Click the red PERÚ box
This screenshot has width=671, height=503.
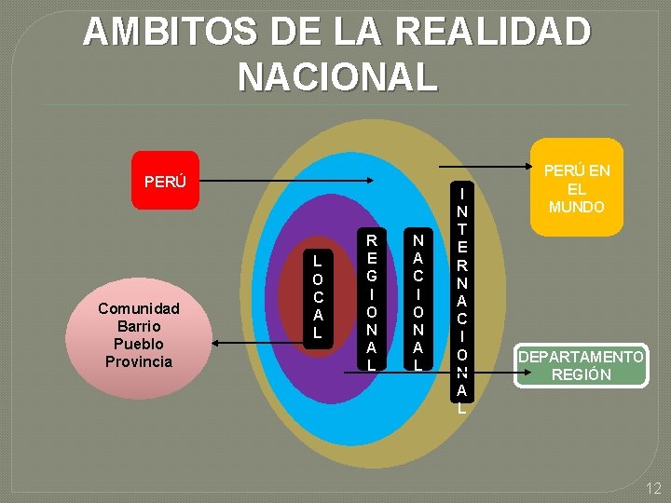click(x=165, y=181)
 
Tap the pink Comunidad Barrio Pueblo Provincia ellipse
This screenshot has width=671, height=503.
click(x=139, y=334)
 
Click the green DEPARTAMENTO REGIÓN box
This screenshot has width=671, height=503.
click(x=581, y=365)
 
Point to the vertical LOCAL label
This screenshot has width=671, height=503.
click(x=317, y=295)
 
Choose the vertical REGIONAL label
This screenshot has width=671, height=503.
click(x=371, y=297)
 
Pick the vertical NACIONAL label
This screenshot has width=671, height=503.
click(x=418, y=297)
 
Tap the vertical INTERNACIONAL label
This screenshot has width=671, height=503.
click(x=462, y=299)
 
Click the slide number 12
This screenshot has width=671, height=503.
click(x=653, y=488)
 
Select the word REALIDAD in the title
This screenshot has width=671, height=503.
click(x=493, y=33)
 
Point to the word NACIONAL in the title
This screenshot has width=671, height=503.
click(x=336, y=77)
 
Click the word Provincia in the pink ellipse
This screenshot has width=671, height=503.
click(x=139, y=361)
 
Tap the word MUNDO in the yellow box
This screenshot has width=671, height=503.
click(x=576, y=207)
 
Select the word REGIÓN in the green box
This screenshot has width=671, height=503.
click(x=581, y=374)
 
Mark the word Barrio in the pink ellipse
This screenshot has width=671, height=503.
click(x=139, y=326)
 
